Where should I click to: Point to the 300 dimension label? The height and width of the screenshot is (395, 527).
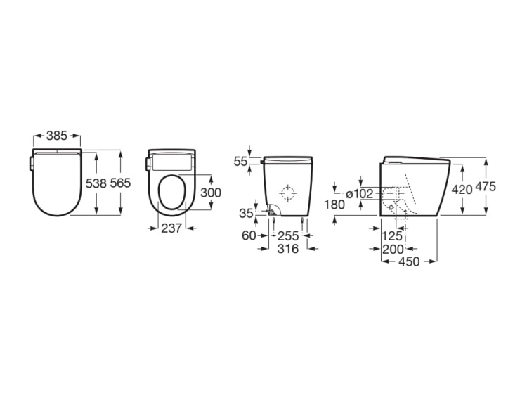point(211,193)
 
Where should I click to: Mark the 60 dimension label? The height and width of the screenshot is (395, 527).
point(249,236)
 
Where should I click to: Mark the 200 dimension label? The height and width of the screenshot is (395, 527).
point(393,249)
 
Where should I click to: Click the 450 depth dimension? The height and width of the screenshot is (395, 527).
point(409,261)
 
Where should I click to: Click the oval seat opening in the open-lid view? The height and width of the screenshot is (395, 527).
point(172,193)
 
